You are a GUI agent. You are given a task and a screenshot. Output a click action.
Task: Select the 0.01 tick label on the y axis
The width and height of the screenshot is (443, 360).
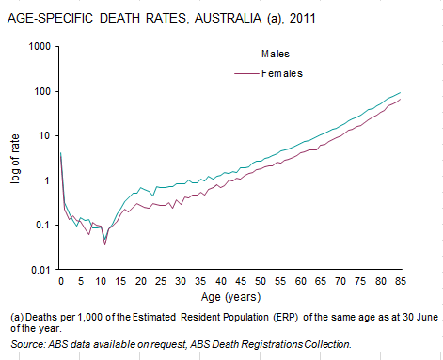pyautogui.click(x=40, y=270)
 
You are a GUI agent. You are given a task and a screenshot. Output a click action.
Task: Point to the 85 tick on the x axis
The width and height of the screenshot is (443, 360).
pyautogui.click(x=401, y=281)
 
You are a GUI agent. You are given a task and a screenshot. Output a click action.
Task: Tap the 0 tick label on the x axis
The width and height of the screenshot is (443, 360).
pyautogui.click(x=60, y=281)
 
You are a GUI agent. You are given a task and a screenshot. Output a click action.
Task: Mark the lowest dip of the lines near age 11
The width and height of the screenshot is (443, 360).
pyautogui.click(x=104, y=243)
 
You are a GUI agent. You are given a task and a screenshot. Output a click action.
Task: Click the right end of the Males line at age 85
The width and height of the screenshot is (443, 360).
pyautogui.click(x=401, y=93)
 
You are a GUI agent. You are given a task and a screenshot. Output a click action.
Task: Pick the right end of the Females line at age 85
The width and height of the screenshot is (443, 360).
pyautogui.click(x=401, y=100)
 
